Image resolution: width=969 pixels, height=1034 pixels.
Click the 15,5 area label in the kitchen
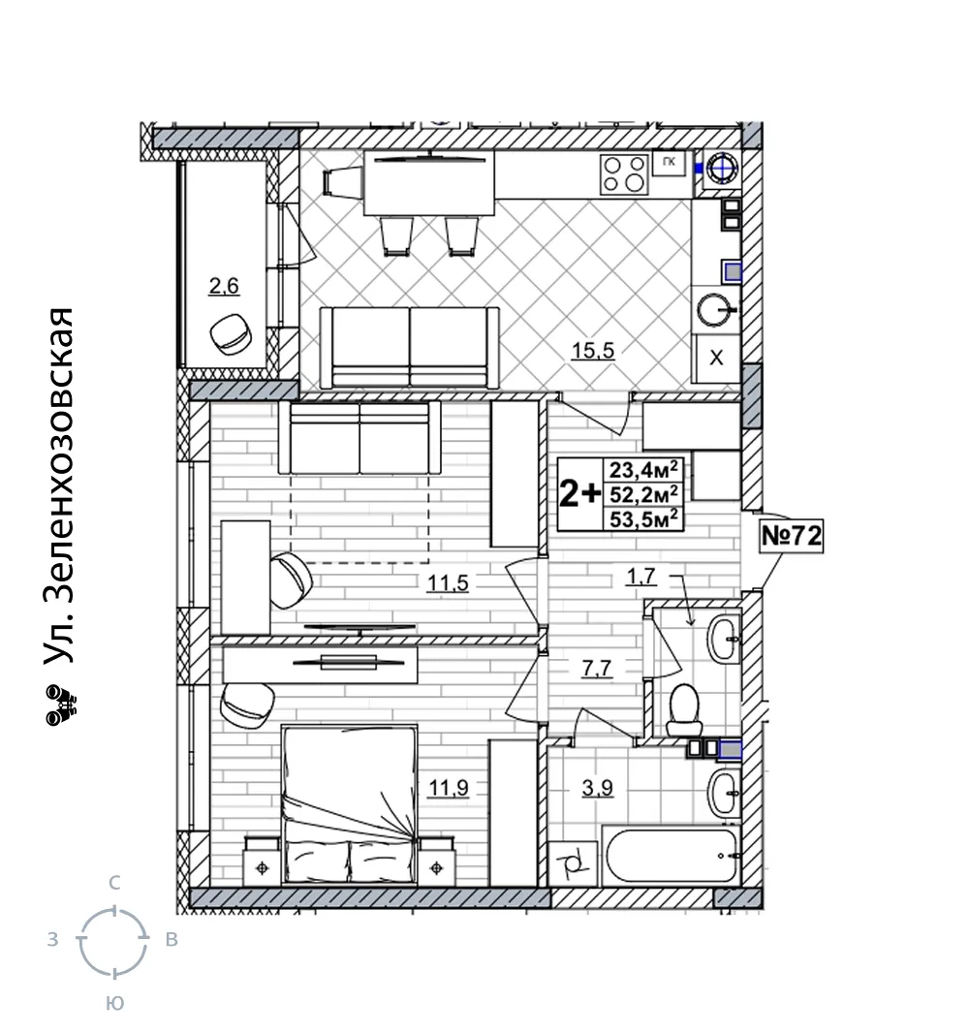coord(593,350)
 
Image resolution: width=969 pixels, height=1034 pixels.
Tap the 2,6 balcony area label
coord(224,286)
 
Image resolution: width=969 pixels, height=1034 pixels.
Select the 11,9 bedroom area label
coord(449,787)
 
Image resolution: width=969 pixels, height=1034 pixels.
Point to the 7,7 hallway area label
coord(597,669)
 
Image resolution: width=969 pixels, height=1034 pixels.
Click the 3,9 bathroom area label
coord(597,787)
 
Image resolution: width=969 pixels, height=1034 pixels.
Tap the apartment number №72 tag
coord(791,536)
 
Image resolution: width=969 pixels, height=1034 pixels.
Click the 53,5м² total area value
coord(643,519)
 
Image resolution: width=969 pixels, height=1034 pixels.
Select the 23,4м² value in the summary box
coord(643,470)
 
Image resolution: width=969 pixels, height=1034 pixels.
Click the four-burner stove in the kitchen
coord(624,173)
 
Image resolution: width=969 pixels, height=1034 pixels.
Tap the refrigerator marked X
coord(716,359)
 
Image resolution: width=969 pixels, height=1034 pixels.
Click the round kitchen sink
coord(715,309)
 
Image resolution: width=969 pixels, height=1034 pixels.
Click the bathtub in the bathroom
coord(672,856)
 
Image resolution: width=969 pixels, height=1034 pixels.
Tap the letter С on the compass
coord(114,883)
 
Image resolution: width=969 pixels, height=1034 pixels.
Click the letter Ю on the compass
coord(114,1004)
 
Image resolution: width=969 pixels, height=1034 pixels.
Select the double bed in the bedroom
coord(350,805)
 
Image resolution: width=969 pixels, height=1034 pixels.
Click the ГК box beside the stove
coord(669,162)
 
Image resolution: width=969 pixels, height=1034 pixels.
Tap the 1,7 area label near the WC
coord(641,577)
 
